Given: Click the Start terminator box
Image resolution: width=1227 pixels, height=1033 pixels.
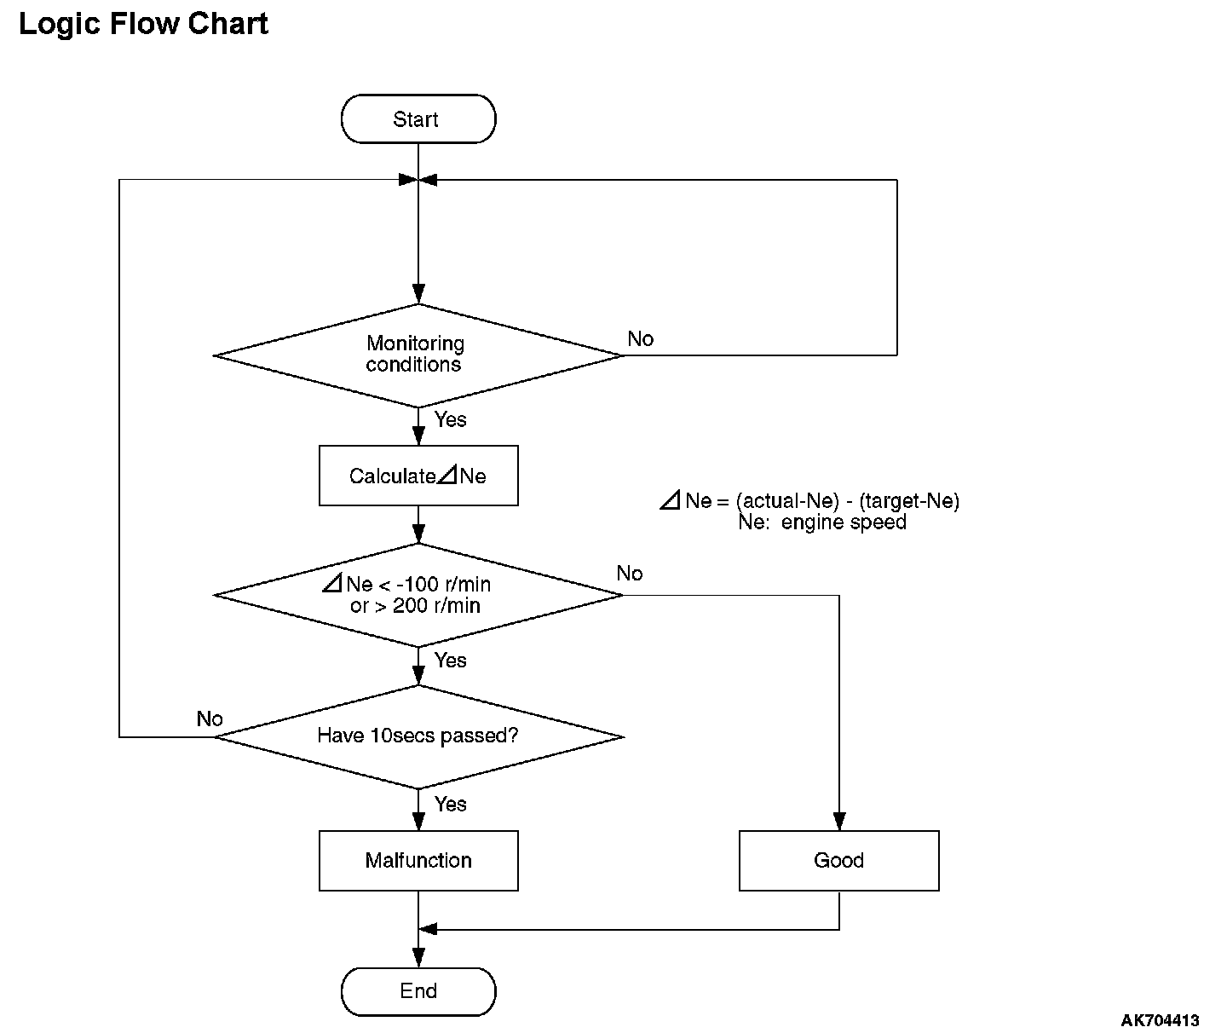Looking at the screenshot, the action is point(418,118).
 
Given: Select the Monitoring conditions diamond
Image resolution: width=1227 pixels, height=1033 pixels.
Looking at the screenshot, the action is point(418,355).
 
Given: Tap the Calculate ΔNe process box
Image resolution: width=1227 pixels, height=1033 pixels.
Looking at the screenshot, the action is point(418,476).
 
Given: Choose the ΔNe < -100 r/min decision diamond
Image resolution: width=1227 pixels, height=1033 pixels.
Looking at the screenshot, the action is point(418,595).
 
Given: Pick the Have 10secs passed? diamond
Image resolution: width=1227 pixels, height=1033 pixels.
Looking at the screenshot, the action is point(418,736).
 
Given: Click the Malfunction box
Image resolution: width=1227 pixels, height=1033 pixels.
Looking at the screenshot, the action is point(418,860).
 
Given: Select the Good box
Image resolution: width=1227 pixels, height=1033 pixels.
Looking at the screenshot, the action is point(838,860).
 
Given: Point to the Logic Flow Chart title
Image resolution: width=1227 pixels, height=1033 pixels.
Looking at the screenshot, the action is point(143,24).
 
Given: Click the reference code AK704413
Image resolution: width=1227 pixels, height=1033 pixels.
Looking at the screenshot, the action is point(1160,1019).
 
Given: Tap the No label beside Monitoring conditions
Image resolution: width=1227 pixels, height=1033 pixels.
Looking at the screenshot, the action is point(640,338).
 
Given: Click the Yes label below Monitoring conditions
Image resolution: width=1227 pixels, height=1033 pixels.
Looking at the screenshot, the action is point(450,419).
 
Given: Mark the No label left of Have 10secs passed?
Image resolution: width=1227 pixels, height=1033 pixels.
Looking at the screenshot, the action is point(210,718).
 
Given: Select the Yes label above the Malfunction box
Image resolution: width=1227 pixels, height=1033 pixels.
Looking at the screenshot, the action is point(450,804).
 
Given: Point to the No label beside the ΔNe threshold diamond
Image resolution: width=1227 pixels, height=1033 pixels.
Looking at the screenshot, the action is point(630,574).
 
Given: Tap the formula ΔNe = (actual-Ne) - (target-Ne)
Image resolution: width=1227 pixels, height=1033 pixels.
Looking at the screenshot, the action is point(809,500).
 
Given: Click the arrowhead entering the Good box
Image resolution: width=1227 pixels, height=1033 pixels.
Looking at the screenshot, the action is point(839,822).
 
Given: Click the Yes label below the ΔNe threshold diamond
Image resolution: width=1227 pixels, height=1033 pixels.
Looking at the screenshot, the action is point(450,661).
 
